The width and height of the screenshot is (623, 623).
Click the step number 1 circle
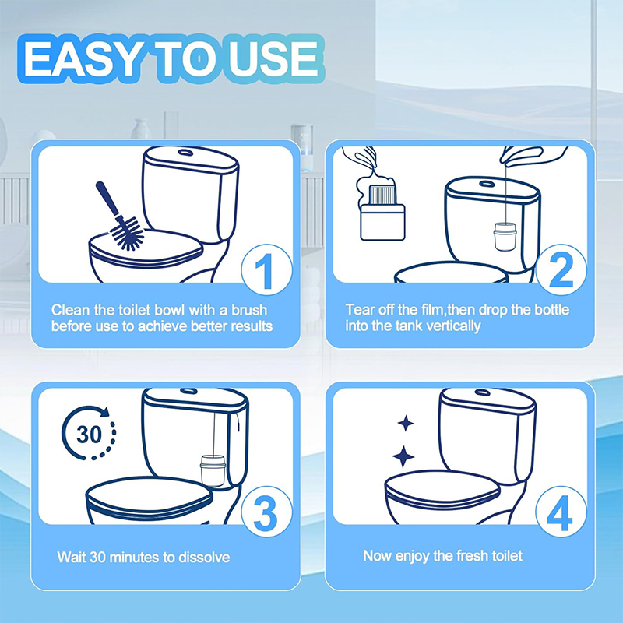(x=266, y=270)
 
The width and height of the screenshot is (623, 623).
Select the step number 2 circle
(x=561, y=270)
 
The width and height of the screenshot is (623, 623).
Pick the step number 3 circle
(x=266, y=512)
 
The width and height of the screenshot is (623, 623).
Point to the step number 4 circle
(x=561, y=512)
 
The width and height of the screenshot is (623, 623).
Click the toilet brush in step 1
(x=119, y=216)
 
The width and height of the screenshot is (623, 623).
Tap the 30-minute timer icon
(x=89, y=433)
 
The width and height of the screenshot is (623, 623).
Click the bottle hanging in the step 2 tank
(x=505, y=237)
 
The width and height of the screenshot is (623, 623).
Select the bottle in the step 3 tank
(x=213, y=471)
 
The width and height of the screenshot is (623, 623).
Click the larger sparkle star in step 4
(x=403, y=456)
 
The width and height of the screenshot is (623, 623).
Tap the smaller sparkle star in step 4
(x=406, y=423)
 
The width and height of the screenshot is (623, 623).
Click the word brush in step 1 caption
(x=249, y=310)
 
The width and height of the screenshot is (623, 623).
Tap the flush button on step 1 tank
(x=185, y=152)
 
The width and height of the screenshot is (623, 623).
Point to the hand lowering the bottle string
(x=533, y=155)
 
